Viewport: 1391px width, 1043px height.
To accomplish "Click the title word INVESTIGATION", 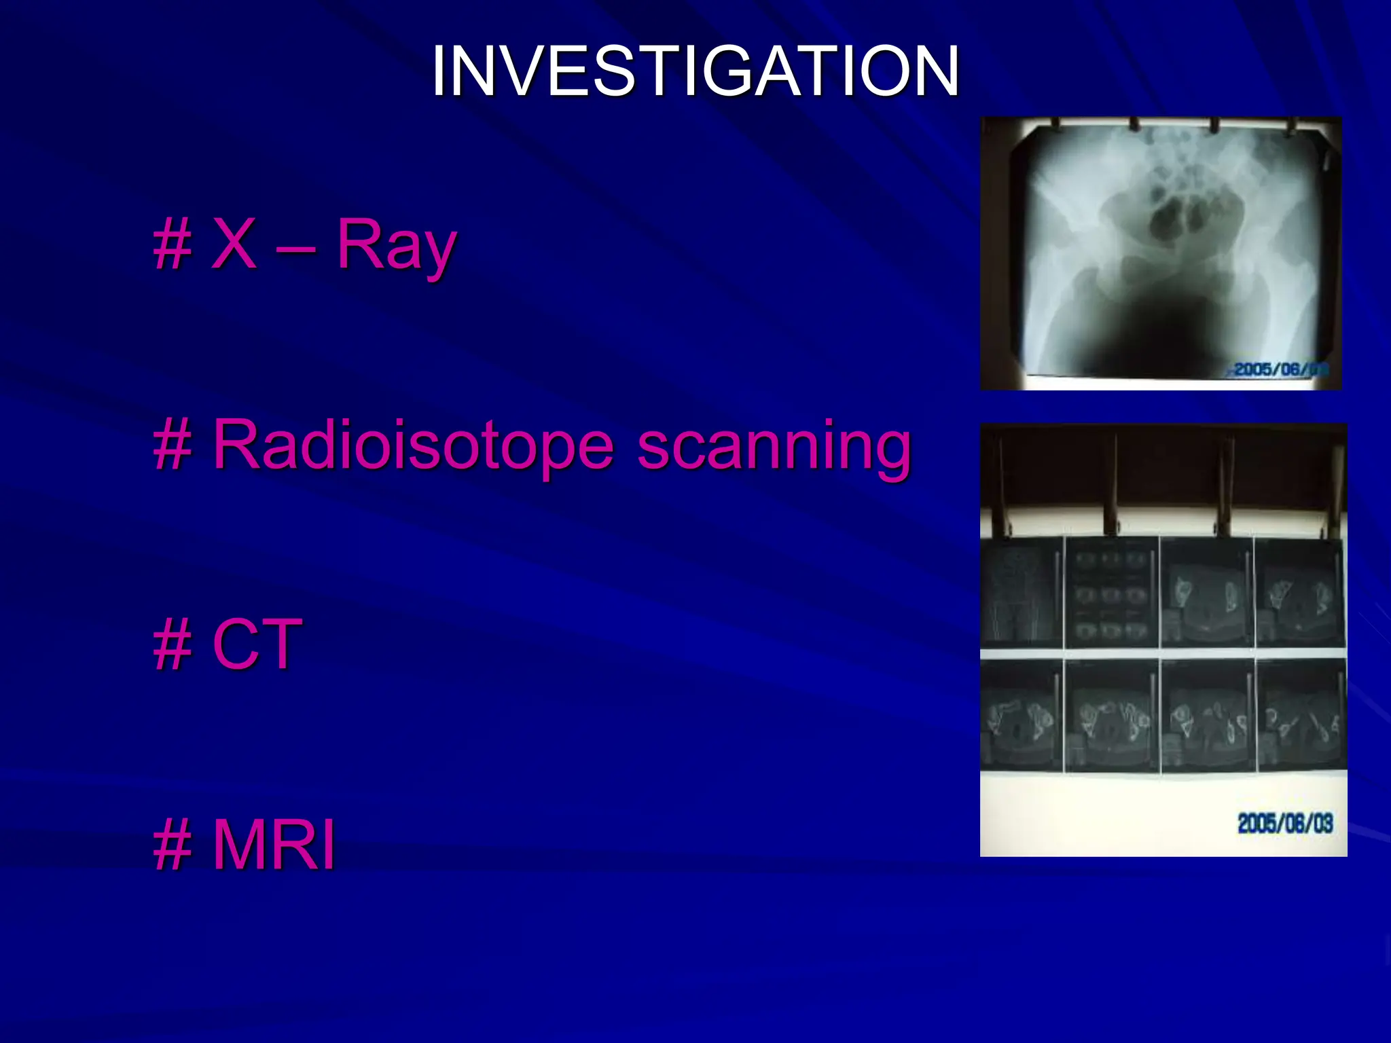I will coord(695,71).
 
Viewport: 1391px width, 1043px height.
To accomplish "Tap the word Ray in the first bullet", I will coord(396,246).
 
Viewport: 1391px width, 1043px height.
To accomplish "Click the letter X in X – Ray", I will coord(234,244).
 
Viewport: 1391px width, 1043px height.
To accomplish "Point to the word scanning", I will coord(774,447).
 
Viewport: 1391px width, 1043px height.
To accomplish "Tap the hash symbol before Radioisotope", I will coord(173,446).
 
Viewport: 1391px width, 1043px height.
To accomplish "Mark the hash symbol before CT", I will coord(173,646).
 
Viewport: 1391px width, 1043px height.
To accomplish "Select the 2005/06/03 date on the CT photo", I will coord(1285,823).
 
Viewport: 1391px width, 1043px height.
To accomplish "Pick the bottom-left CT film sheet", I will coord(1022,716).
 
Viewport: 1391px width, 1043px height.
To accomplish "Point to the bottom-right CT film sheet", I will coord(1301,716).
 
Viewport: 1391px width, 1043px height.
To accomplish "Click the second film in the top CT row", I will coord(1112,592).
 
